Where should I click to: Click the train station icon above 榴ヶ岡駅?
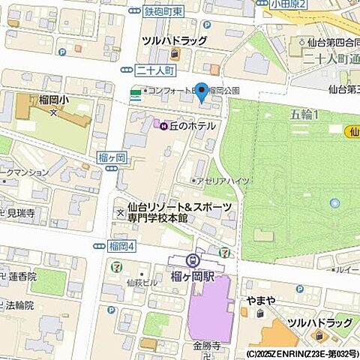coord(193,259)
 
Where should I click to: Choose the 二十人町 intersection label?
coord(156,70)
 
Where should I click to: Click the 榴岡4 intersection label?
coord(120,245)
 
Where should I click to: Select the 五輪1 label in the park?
coord(303,114)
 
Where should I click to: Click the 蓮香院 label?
coord(22,277)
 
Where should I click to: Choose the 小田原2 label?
coord(289,4)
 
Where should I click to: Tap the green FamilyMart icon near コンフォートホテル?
coord(135,92)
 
